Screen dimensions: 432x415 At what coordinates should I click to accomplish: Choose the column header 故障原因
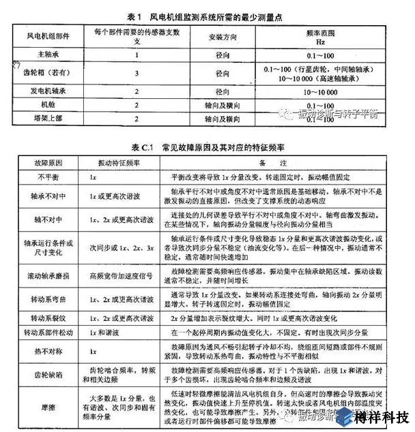(x=42, y=163)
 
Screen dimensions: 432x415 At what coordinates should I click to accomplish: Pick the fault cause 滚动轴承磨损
(x=42, y=281)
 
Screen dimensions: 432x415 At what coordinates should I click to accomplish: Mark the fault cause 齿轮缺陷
(x=42, y=374)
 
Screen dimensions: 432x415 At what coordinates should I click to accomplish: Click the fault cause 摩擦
(x=42, y=407)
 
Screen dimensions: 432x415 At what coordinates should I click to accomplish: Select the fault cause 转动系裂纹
(x=42, y=318)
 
